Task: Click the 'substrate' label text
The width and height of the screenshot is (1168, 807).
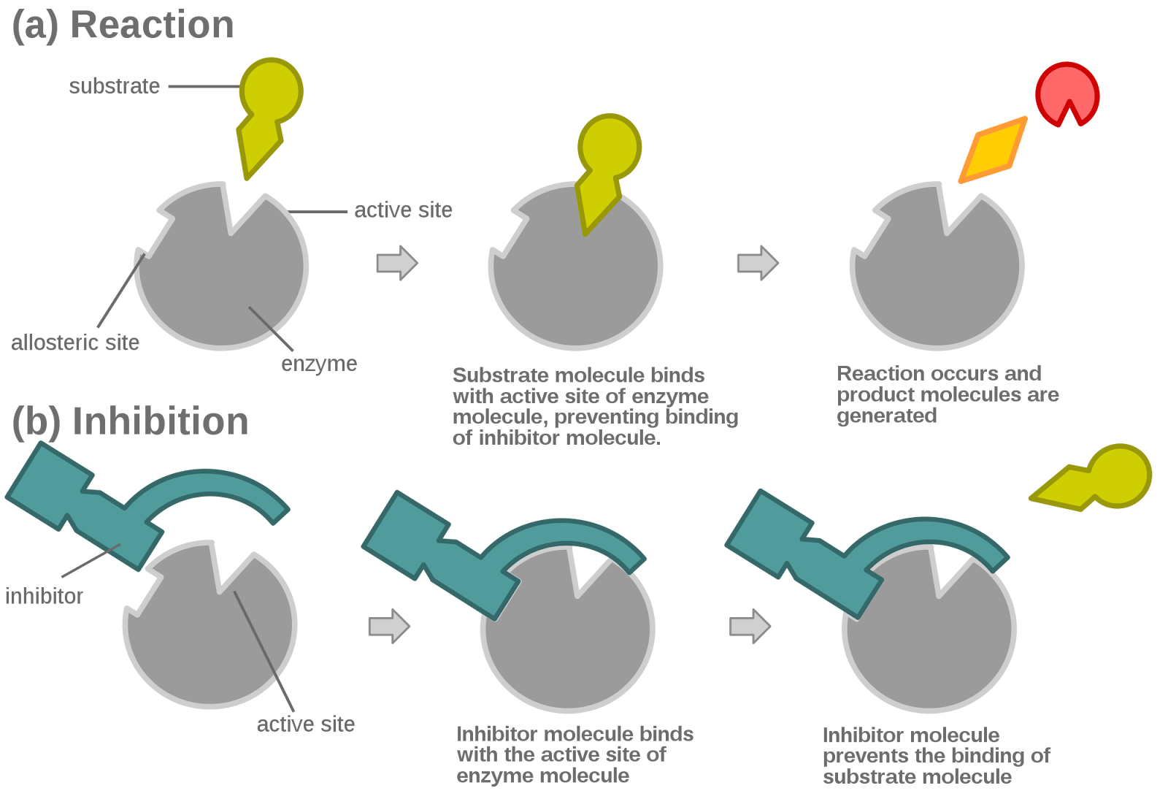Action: click(114, 86)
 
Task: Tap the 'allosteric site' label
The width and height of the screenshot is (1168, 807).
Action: click(75, 343)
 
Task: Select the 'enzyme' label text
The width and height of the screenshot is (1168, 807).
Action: click(319, 364)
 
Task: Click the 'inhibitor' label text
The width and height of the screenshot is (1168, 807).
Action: click(44, 596)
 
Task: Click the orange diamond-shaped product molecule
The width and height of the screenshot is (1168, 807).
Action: click(993, 150)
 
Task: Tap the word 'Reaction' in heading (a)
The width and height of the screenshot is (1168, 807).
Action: click(152, 25)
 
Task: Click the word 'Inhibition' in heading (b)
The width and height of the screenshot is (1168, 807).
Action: click(160, 421)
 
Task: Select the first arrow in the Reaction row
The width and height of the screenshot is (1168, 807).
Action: click(397, 263)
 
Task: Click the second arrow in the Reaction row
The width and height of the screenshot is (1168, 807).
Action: click(758, 263)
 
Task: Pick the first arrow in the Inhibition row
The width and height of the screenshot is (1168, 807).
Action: click(389, 626)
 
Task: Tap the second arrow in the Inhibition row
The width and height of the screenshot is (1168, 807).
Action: click(750, 626)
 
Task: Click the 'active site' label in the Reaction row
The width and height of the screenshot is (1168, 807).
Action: click(403, 210)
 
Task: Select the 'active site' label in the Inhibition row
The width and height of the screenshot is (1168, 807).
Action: click(306, 724)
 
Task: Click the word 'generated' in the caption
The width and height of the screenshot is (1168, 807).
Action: click(887, 416)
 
